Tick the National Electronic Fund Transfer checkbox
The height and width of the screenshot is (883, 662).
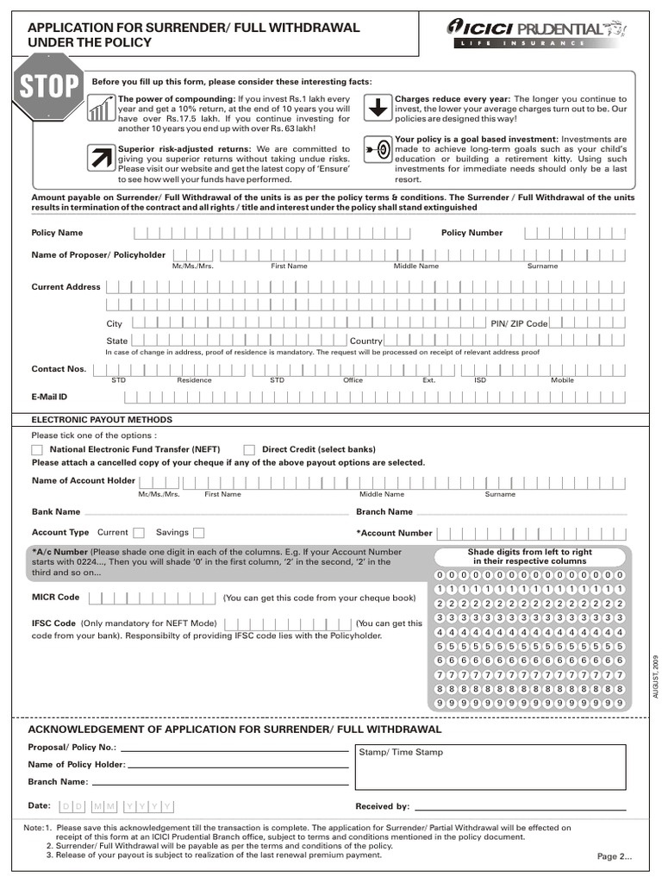click(37, 449)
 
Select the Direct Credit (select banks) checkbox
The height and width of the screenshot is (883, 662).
click(249, 449)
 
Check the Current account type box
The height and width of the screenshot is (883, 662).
click(139, 533)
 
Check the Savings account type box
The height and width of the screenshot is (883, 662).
click(199, 533)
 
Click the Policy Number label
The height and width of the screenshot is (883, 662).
click(472, 233)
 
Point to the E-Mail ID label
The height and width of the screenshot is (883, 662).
click(49, 397)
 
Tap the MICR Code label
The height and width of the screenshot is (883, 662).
click(55, 597)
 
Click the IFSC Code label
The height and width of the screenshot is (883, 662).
click(53, 623)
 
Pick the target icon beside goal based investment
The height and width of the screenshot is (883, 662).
click(378, 149)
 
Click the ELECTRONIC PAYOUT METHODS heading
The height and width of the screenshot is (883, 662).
click(102, 420)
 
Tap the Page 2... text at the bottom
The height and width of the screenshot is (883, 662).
click(615, 856)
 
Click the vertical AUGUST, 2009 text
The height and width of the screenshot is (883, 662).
click(655, 676)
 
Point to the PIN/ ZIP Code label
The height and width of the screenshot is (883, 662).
click(519, 323)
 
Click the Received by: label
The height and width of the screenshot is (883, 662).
click(382, 806)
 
